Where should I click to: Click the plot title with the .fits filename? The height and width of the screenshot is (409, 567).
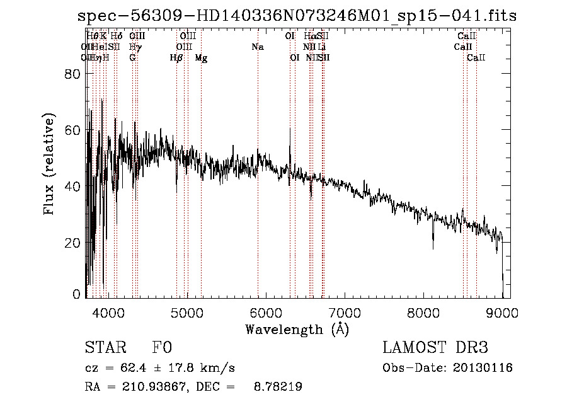(296, 16)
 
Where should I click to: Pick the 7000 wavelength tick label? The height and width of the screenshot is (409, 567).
(345, 311)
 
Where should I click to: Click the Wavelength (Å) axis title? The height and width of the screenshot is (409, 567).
(297, 329)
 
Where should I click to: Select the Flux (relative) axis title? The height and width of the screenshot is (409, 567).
(50, 164)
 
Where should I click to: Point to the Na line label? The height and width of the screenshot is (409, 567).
(257, 47)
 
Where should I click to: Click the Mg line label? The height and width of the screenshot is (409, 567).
(201, 58)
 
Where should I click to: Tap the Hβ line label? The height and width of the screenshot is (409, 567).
(176, 58)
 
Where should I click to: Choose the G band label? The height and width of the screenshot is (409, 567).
(132, 58)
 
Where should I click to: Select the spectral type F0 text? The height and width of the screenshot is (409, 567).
(161, 348)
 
